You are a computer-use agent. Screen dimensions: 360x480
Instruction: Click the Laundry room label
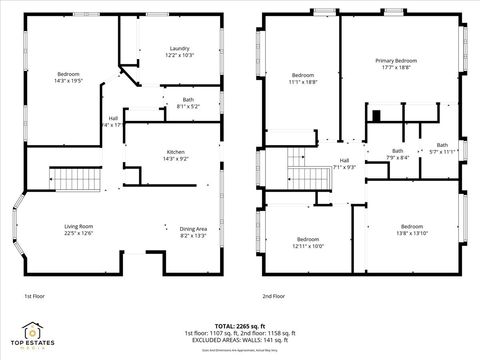pyautogui.click(x=180, y=48)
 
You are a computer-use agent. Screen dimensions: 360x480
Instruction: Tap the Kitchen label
pyautogui.click(x=175, y=151)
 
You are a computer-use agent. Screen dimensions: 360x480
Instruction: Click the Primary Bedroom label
pyautogui.click(x=395, y=61)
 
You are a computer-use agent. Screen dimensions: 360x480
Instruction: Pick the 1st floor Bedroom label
pyautogui.click(x=68, y=74)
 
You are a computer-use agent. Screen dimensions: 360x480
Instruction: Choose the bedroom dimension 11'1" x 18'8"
pyautogui.click(x=303, y=82)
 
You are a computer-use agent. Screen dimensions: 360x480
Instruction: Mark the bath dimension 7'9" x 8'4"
pyautogui.click(x=398, y=156)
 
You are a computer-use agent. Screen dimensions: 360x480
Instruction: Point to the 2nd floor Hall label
pyautogui.click(x=344, y=160)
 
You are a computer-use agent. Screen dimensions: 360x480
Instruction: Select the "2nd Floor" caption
pyautogui.click(x=273, y=297)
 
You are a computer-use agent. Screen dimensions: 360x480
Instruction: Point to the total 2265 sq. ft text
pyautogui.click(x=239, y=326)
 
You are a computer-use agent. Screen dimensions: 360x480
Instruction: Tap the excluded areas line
pyautogui.click(x=239, y=340)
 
